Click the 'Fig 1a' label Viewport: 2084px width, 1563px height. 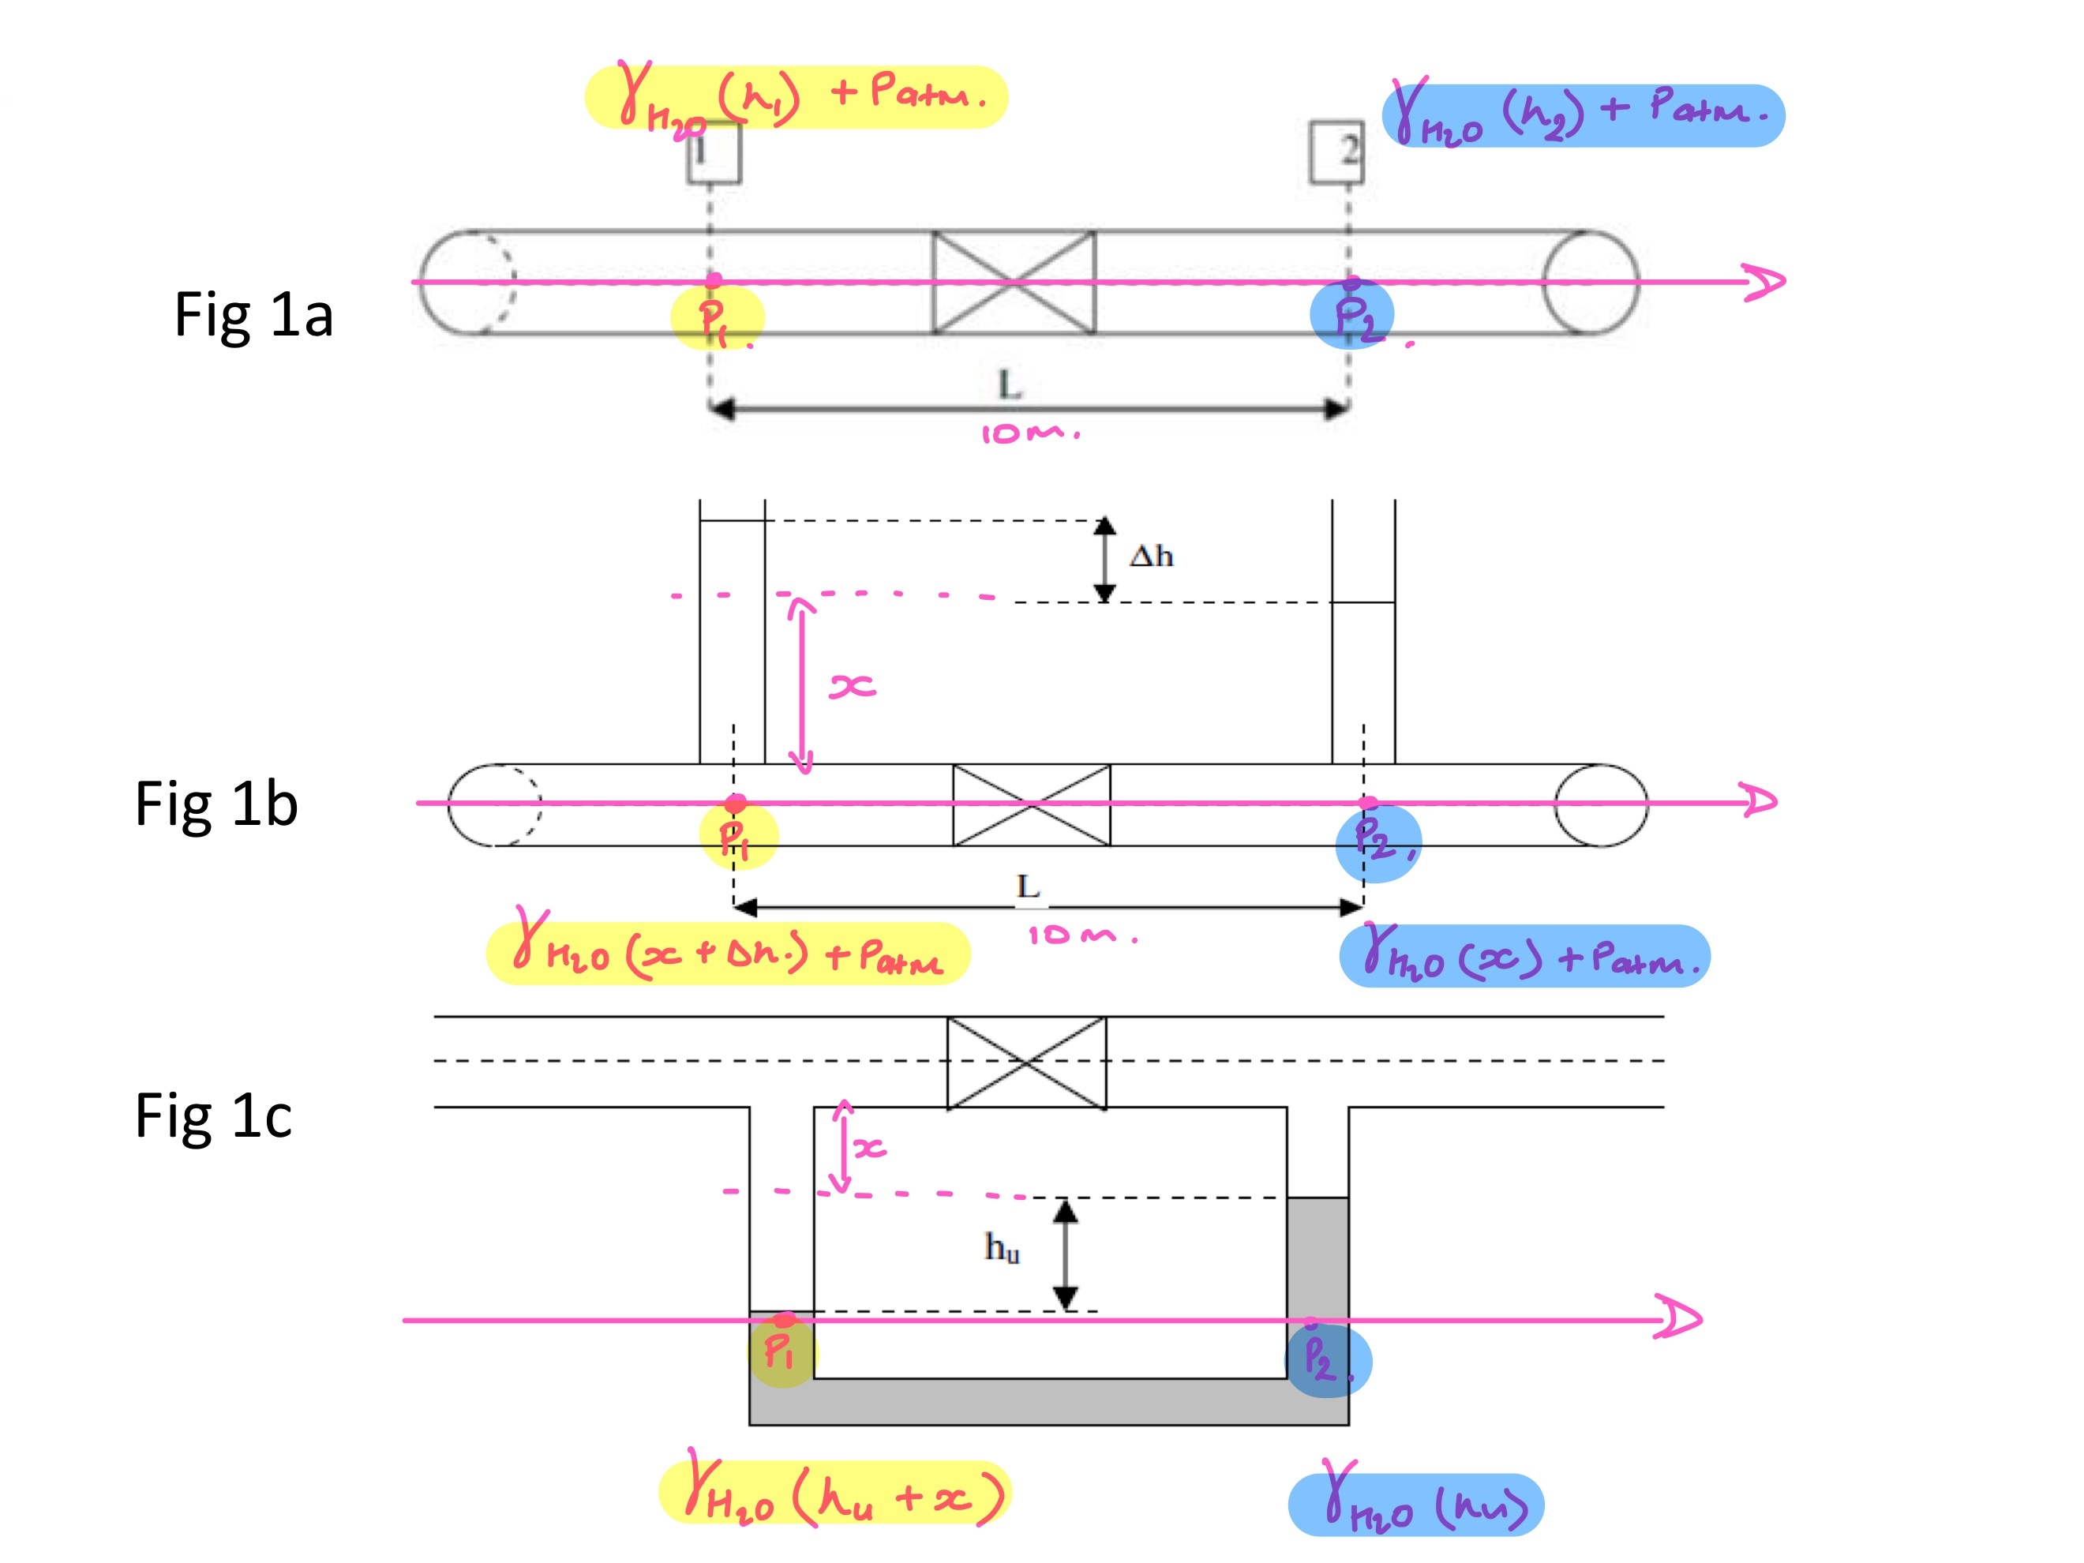pyautogui.click(x=253, y=315)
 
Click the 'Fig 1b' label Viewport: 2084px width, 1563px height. pyautogui.click(x=217, y=804)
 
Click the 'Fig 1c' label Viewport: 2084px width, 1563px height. pyautogui.click(x=214, y=1116)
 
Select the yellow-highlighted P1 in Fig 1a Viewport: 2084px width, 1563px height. pyautogui.click(x=717, y=318)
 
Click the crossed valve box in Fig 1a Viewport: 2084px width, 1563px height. pyautogui.click(x=1014, y=282)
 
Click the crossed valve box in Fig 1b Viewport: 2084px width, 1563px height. pyautogui.click(x=1032, y=804)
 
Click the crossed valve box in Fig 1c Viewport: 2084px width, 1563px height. pyautogui.click(x=1027, y=1062)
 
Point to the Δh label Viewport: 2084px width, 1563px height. pyautogui.click(x=1151, y=556)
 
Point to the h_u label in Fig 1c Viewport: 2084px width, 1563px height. pyautogui.click(x=1002, y=1248)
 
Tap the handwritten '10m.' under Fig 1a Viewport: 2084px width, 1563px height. pyautogui.click(x=1029, y=433)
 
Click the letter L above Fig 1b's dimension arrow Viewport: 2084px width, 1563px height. pyautogui.click(x=1028, y=886)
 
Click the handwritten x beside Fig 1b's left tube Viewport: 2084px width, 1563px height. pyautogui.click(x=853, y=686)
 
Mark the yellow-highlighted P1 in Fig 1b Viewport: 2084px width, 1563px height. pyautogui.click(x=739, y=837)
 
